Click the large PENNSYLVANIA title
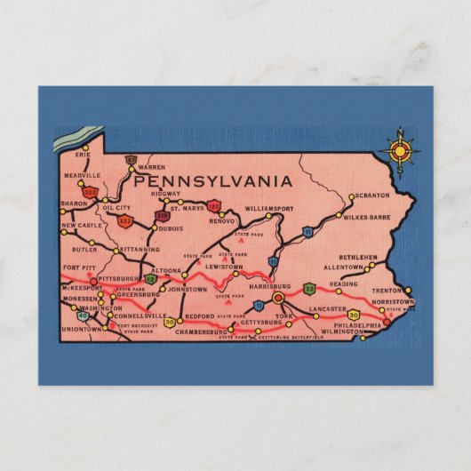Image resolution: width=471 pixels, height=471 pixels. pyautogui.click(x=213, y=180)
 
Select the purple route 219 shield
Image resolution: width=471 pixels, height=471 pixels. pyautogui.click(x=162, y=214)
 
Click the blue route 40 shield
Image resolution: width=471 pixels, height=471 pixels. pyautogui.click(x=84, y=315)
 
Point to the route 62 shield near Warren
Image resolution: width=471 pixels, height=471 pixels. pyautogui.click(x=131, y=161)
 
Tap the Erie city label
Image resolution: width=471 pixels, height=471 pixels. pyautogui.click(x=84, y=155)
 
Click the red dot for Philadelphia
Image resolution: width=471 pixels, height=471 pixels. pyautogui.click(x=386, y=323)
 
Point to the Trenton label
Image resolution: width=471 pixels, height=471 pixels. pyautogui.click(x=387, y=290)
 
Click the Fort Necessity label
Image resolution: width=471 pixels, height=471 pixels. pyautogui.click(x=136, y=325)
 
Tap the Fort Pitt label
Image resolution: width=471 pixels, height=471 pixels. pyautogui.click(x=78, y=267)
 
